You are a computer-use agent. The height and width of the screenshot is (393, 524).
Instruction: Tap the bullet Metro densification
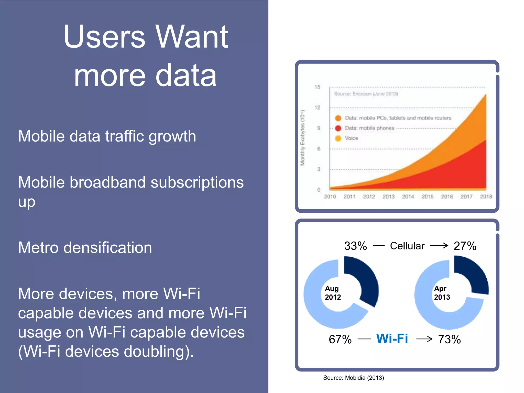[85, 248]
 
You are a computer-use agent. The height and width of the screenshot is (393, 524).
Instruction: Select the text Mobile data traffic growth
[107, 136]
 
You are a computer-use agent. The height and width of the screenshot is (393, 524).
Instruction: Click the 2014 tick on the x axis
[408, 196]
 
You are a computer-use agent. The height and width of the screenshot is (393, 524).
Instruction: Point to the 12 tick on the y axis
[317, 107]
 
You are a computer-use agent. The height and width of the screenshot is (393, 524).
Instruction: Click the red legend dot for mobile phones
[338, 128]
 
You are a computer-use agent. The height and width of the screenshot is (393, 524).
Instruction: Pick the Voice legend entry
[351, 138]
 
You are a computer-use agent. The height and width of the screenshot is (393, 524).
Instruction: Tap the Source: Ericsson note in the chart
[366, 94]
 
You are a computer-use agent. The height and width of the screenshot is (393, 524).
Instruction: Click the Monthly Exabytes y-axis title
[303, 138]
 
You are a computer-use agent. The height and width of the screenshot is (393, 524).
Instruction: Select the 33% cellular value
[355, 246]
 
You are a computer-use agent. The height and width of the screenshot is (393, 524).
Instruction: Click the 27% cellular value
[465, 246]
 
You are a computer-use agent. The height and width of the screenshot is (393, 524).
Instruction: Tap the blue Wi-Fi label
[392, 339]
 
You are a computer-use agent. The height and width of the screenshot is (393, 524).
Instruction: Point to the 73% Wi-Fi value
[449, 339]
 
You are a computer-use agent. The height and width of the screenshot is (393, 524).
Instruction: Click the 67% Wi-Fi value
[340, 339]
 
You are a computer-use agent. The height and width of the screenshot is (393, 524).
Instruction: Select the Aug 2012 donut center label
[333, 293]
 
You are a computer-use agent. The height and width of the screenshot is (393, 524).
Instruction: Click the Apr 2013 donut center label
[442, 293]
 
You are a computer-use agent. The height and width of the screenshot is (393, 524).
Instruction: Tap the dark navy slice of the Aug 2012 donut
[366, 279]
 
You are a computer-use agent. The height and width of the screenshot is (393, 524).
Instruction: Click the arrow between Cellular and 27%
[439, 246]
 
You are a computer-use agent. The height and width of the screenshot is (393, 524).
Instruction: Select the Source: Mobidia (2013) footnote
[353, 378]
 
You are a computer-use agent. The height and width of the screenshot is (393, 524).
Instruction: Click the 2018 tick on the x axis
[486, 196]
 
